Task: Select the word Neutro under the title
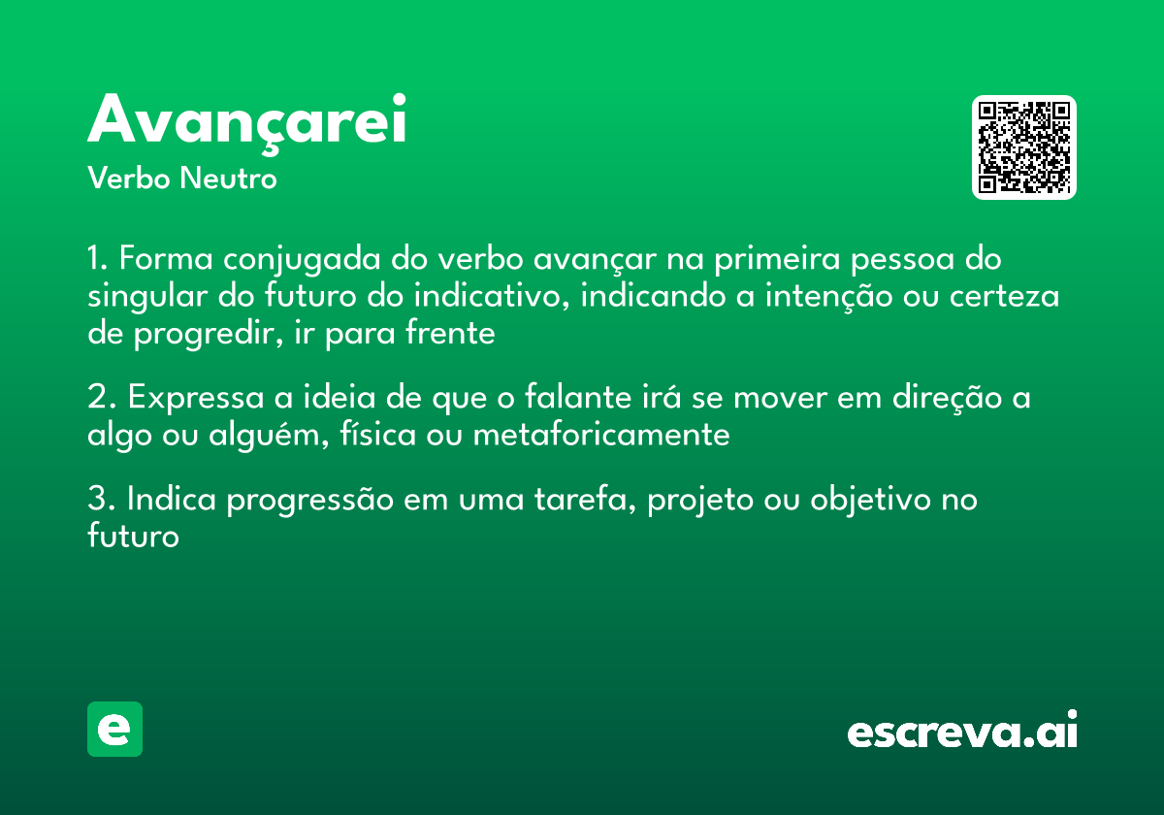click(228, 179)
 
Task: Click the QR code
click(1023, 147)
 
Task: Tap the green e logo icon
click(114, 729)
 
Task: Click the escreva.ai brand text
click(961, 731)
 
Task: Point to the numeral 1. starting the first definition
click(98, 260)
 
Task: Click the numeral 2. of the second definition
click(102, 398)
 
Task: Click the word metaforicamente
click(600, 435)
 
